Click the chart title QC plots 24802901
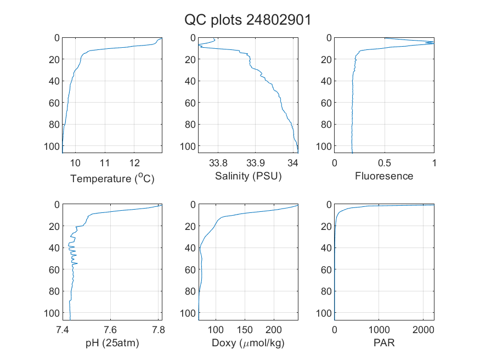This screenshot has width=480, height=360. (x=247, y=20)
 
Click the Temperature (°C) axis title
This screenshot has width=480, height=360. (x=112, y=178)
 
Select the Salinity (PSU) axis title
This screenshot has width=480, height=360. (x=249, y=176)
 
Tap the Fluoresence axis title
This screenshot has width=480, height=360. (x=384, y=176)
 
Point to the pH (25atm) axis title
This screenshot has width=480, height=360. (x=112, y=343)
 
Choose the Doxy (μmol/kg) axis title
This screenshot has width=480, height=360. (x=249, y=343)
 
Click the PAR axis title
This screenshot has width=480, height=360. (x=384, y=342)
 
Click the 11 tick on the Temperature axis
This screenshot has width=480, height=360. (x=105, y=163)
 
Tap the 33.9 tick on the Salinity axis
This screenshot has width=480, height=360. (x=256, y=163)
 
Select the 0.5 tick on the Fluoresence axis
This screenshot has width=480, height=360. (x=384, y=163)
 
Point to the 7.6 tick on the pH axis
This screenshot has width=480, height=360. (x=110, y=330)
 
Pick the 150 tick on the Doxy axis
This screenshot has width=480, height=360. (x=245, y=330)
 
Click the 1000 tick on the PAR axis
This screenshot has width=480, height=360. (x=379, y=330)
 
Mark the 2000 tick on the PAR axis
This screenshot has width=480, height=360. (x=423, y=330)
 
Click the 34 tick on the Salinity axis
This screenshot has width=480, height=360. (x=293, y=163)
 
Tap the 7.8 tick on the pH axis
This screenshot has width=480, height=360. (x=159, y=330)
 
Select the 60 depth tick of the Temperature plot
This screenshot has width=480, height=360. (x=54, y=103)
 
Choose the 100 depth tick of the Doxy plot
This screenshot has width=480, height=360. (x=188, y=313)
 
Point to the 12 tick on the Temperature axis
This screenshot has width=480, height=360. (x=134, y=163)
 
